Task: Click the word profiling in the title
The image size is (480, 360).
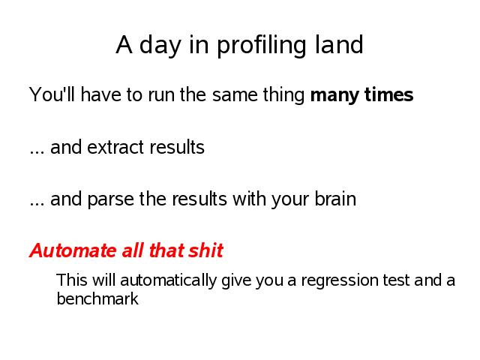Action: [x=262, y=46]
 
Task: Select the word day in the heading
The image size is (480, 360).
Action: [x=160, y=46]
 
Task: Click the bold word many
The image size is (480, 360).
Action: [x=334, y=95]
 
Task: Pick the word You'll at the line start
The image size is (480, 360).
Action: [x=52, y=94]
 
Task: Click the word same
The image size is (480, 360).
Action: [x=235, y=95]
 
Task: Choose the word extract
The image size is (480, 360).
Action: [x=115, y=147]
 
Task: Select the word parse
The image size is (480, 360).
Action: [x=110, y=200]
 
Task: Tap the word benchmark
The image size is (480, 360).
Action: [x=97, y=298]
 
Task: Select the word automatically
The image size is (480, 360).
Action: [x=168, y=281]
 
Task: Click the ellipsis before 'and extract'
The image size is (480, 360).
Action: [x=37, y=152]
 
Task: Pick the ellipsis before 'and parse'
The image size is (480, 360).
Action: [x=37, y=205]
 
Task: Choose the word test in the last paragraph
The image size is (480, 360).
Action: [x=396, y=280]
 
